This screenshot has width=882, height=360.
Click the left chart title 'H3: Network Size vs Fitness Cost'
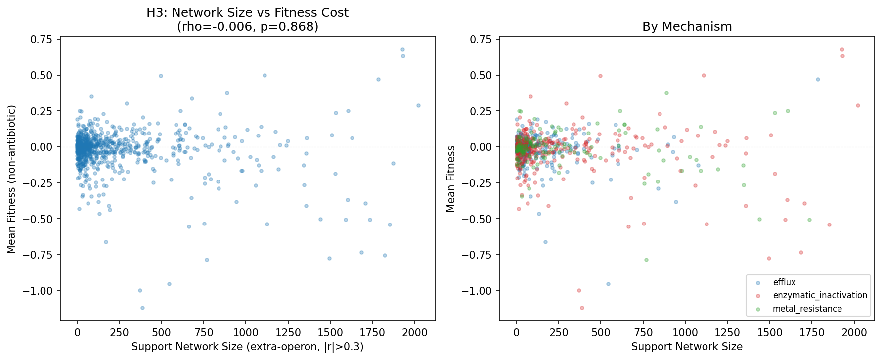[247, 13]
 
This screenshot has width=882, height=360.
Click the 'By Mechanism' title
[687, 27]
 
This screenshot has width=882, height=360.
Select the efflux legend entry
[784, 282]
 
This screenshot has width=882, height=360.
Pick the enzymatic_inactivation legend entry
[820, 295]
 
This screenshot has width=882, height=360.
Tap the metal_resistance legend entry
[807, 309]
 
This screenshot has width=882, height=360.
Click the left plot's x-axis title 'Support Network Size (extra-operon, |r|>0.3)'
[247, 347]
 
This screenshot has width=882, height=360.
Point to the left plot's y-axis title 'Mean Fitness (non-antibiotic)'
[11, 179]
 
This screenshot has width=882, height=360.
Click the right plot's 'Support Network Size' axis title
[687, 347]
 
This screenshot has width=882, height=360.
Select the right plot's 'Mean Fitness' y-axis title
[450, 179]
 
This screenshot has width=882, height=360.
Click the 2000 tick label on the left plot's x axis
[415, 333]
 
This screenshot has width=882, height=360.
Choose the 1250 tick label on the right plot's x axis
[727, 333]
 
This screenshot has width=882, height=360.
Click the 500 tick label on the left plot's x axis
[161, 333]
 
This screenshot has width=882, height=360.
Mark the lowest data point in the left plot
[142, 308]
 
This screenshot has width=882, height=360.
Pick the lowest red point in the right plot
[582, 308]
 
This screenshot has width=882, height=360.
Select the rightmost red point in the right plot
[858, 105]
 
